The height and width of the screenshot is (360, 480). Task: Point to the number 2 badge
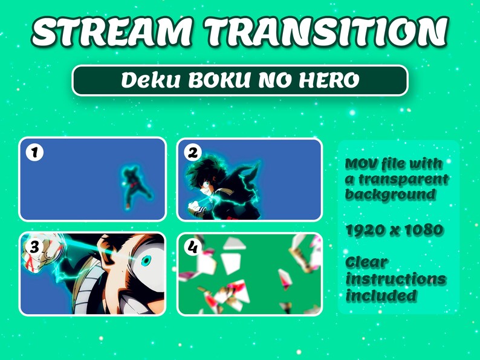point(192,153)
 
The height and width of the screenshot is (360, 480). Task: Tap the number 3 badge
point(34,246)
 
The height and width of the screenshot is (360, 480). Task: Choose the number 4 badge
point(192,246)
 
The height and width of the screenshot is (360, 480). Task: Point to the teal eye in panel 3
point(146,261)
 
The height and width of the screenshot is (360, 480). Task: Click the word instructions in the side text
point(396,280)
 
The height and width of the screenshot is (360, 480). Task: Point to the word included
point(381,295)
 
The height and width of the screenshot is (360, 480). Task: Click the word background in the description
point(390,194)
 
